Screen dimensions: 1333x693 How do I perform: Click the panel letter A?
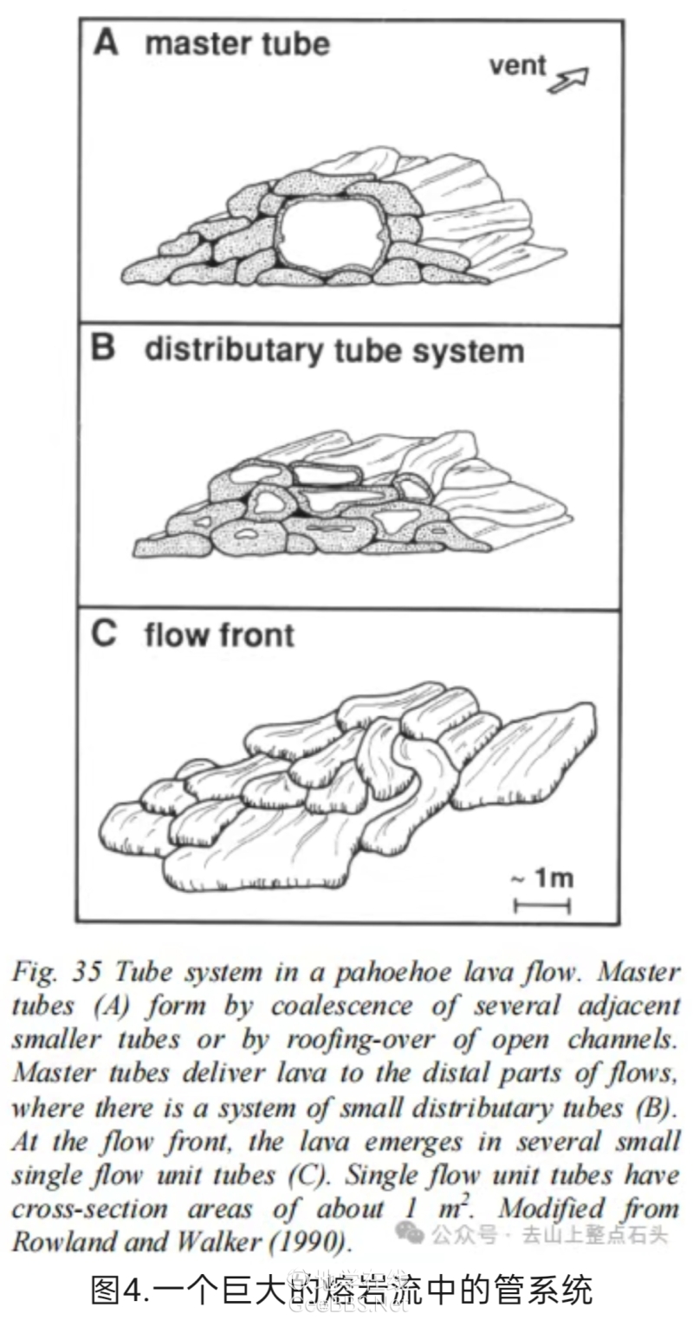106,42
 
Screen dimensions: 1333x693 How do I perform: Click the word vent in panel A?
517,65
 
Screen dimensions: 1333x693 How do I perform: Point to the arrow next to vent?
568,80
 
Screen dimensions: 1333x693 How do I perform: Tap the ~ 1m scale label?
541,877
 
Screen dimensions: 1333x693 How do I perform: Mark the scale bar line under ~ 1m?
542,905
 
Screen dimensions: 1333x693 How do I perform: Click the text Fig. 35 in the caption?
57,972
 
